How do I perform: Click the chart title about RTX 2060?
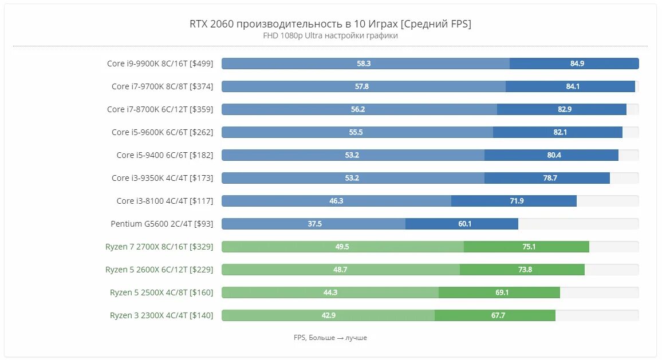330,23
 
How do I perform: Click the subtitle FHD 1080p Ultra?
330,35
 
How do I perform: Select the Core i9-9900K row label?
160,64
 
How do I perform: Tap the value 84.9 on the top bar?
577,64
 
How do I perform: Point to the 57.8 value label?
362,86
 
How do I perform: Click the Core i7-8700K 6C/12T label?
160,109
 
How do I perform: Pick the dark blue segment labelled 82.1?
558,132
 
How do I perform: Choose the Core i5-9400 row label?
164,155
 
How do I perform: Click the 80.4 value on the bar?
554,155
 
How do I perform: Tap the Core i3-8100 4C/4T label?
164,201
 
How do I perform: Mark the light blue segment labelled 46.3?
336,201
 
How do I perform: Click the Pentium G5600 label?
161,224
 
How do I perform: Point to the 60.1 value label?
465,224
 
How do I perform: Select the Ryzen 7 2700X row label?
159,247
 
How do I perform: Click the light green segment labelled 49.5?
342,247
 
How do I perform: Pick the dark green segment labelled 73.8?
522,270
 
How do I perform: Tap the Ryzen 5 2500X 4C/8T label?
161,292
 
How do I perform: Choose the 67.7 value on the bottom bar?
498,315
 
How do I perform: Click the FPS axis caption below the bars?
330,338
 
